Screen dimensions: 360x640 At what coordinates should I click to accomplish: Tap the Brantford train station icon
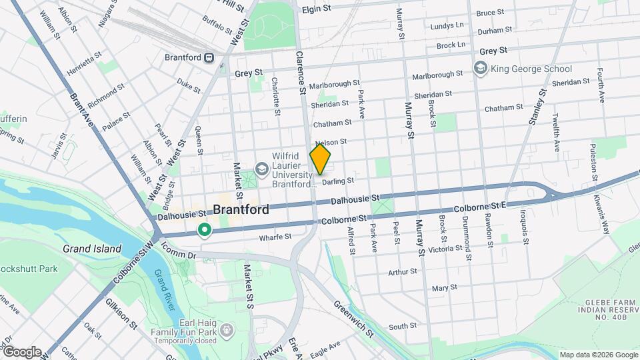pos(209,57)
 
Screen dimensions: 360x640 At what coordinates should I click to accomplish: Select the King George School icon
pos(480,68)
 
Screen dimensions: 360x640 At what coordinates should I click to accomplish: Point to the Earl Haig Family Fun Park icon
pos(227,330)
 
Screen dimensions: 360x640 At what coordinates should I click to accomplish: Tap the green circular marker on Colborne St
pos(205,231)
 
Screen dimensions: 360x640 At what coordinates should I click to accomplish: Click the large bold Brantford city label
pos(241,209)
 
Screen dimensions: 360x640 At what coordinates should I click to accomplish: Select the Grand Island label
pos(92,249)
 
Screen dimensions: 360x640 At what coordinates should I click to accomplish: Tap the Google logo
pos(22,352)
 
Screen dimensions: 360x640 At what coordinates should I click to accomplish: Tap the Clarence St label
pos(301,73)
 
